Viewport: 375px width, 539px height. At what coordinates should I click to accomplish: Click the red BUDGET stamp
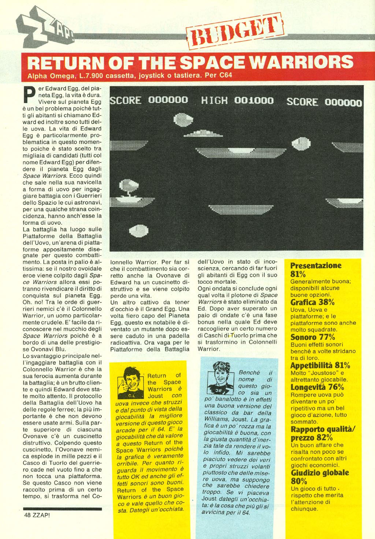[235, 31]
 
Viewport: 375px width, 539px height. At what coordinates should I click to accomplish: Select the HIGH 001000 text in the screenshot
[237, 100]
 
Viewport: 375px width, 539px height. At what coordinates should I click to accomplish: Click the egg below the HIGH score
[183, 119]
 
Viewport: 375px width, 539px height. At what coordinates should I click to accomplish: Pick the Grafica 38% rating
[312, 302]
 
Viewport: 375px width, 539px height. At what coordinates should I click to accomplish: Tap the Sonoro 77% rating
[312, 337]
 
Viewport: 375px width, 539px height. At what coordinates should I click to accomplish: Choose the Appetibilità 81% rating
[320, 365]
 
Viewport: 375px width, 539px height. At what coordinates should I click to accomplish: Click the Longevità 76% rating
[317, 387]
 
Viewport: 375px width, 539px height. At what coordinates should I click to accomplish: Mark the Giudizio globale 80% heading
[319, 476]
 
